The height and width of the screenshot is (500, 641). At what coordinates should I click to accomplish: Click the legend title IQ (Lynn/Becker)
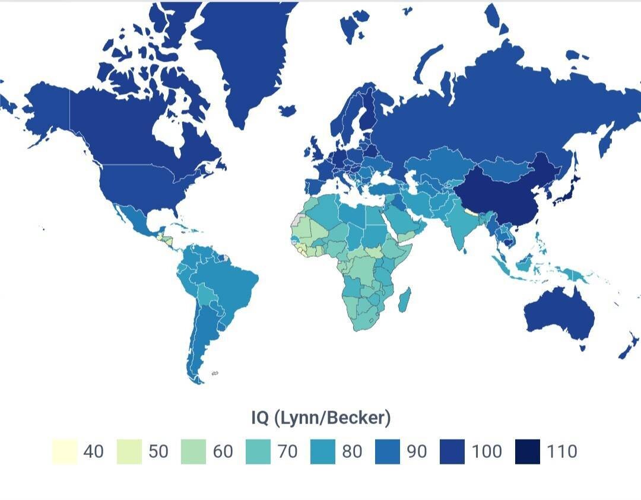[x=320, y=418]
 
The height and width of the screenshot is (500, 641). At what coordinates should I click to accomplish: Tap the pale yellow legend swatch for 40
[x=64, y=451]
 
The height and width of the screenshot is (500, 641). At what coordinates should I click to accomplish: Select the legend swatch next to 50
[x=129, y=451]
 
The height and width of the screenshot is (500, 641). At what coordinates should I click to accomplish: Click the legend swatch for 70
[x=258, y=451]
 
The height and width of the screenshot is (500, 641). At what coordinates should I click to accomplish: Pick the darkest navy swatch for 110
[x=527, y=451]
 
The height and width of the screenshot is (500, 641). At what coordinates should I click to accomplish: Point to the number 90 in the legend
[x=417, y=451]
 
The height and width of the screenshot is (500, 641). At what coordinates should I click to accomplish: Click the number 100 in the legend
[x=487, y=451]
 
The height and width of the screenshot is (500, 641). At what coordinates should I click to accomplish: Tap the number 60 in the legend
[x=223, y=451]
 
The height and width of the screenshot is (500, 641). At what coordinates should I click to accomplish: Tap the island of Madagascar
[x=404, y=300]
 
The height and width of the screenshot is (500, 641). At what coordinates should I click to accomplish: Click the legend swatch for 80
[x=323, y=451]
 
